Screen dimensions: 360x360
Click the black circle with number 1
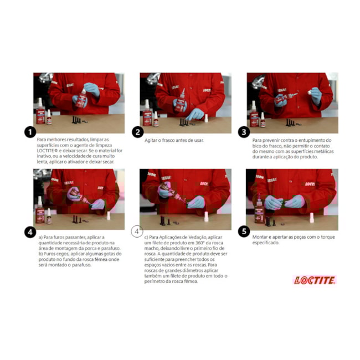pos(30,132)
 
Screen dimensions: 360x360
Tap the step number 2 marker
pos(137,132)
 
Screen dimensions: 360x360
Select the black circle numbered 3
pos(244,132)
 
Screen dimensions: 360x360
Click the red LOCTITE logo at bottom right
pos(315,280)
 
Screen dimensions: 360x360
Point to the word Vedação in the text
pos(195,237)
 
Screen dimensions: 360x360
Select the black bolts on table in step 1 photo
pos(75,119)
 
